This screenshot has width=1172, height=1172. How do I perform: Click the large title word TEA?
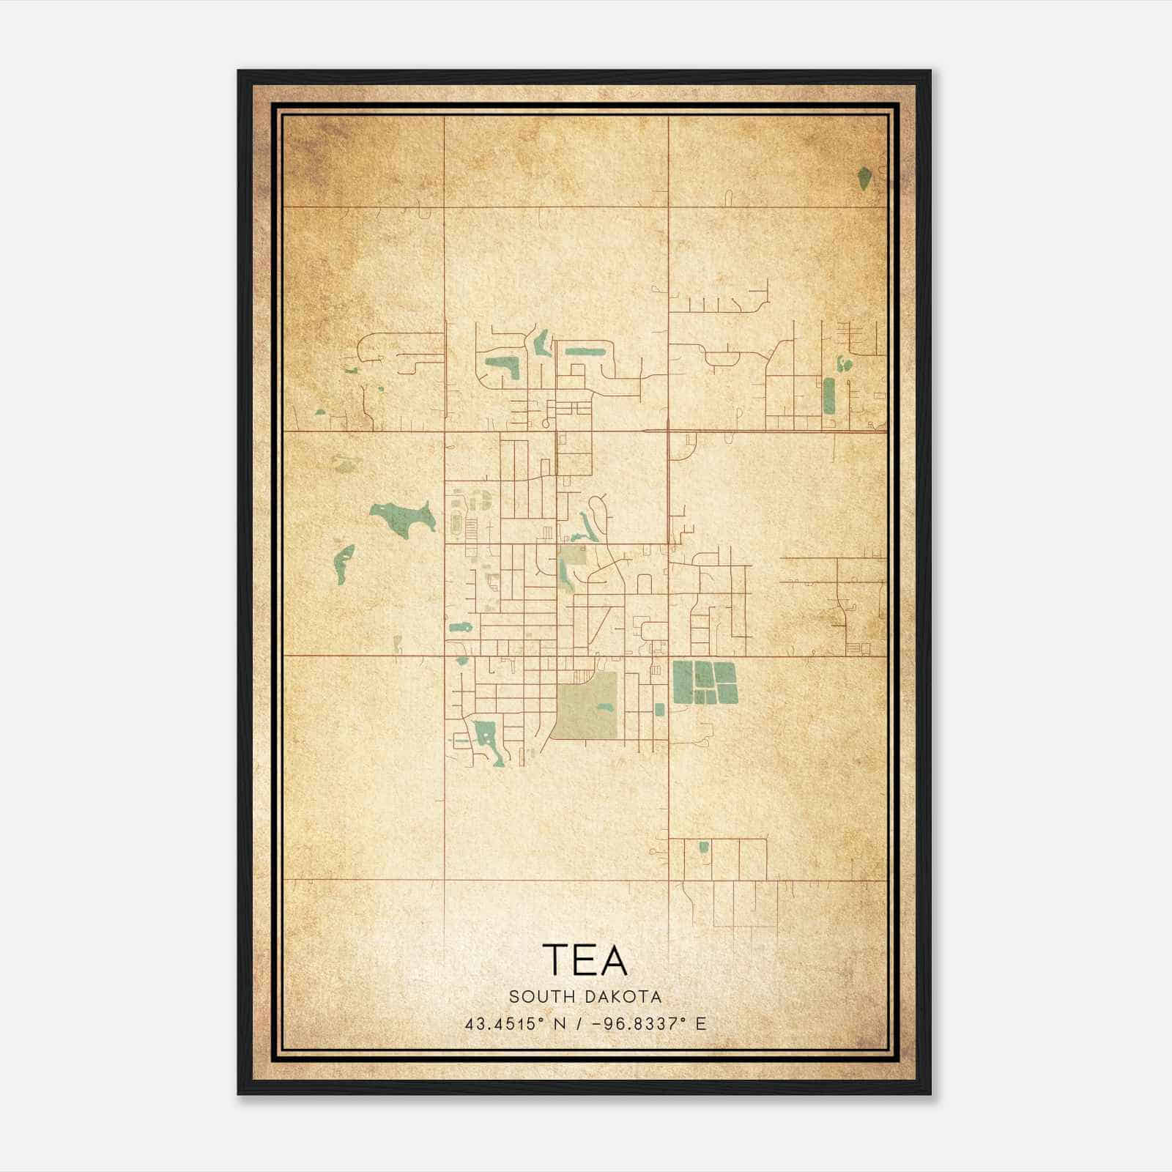pos(585,960)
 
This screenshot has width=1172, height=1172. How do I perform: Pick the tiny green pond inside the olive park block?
pos(605,708)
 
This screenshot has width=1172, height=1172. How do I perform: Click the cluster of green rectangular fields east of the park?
pos(704,682)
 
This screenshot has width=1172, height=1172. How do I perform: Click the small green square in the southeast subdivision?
pos(704,848)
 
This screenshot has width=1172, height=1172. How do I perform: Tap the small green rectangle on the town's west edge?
pos(459,627)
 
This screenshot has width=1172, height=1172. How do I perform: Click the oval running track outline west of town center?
pos(457,522)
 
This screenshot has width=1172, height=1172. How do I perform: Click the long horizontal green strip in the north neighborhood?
pos(584,351)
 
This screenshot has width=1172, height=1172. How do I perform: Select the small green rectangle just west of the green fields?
pos(659,709)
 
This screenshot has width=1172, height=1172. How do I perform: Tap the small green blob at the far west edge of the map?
pos(320,411)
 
